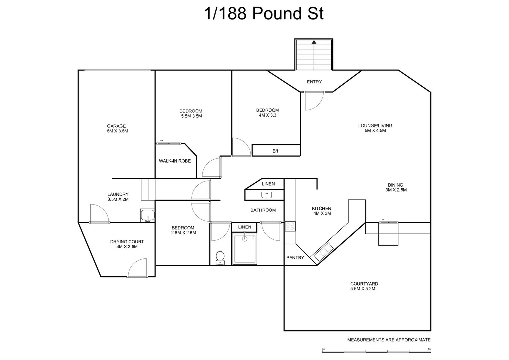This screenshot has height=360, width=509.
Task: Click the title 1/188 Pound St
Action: coord(263,14)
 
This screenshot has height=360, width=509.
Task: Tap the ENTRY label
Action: coord(314,82)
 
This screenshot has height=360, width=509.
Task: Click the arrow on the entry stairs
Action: coord(314,42)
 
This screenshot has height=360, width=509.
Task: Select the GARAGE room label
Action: coord(116,126)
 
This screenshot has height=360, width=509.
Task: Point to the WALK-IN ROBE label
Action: coord(175,161)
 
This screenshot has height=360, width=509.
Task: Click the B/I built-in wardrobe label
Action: coord(275,151)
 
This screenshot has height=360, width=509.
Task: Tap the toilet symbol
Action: coord(220,257)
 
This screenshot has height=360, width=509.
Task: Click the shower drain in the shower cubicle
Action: coord(245,239)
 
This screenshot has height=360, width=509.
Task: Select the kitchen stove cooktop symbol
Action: coord(290,226)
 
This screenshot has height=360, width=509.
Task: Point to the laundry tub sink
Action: coord(147,215)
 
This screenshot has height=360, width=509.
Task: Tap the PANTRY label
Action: coord(295,258)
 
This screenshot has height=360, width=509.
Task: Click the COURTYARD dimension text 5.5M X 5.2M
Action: coord(363,289)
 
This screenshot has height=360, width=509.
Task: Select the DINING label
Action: coord(395,185)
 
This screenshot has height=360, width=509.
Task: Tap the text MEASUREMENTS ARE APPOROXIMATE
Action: coord(389,340)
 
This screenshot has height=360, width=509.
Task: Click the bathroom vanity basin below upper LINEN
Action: coord(267,195)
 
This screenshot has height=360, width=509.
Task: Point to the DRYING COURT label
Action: coord(127,242)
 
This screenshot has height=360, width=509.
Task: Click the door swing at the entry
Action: coord(314,101)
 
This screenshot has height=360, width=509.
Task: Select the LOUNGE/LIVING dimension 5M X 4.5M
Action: coord(375,131)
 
